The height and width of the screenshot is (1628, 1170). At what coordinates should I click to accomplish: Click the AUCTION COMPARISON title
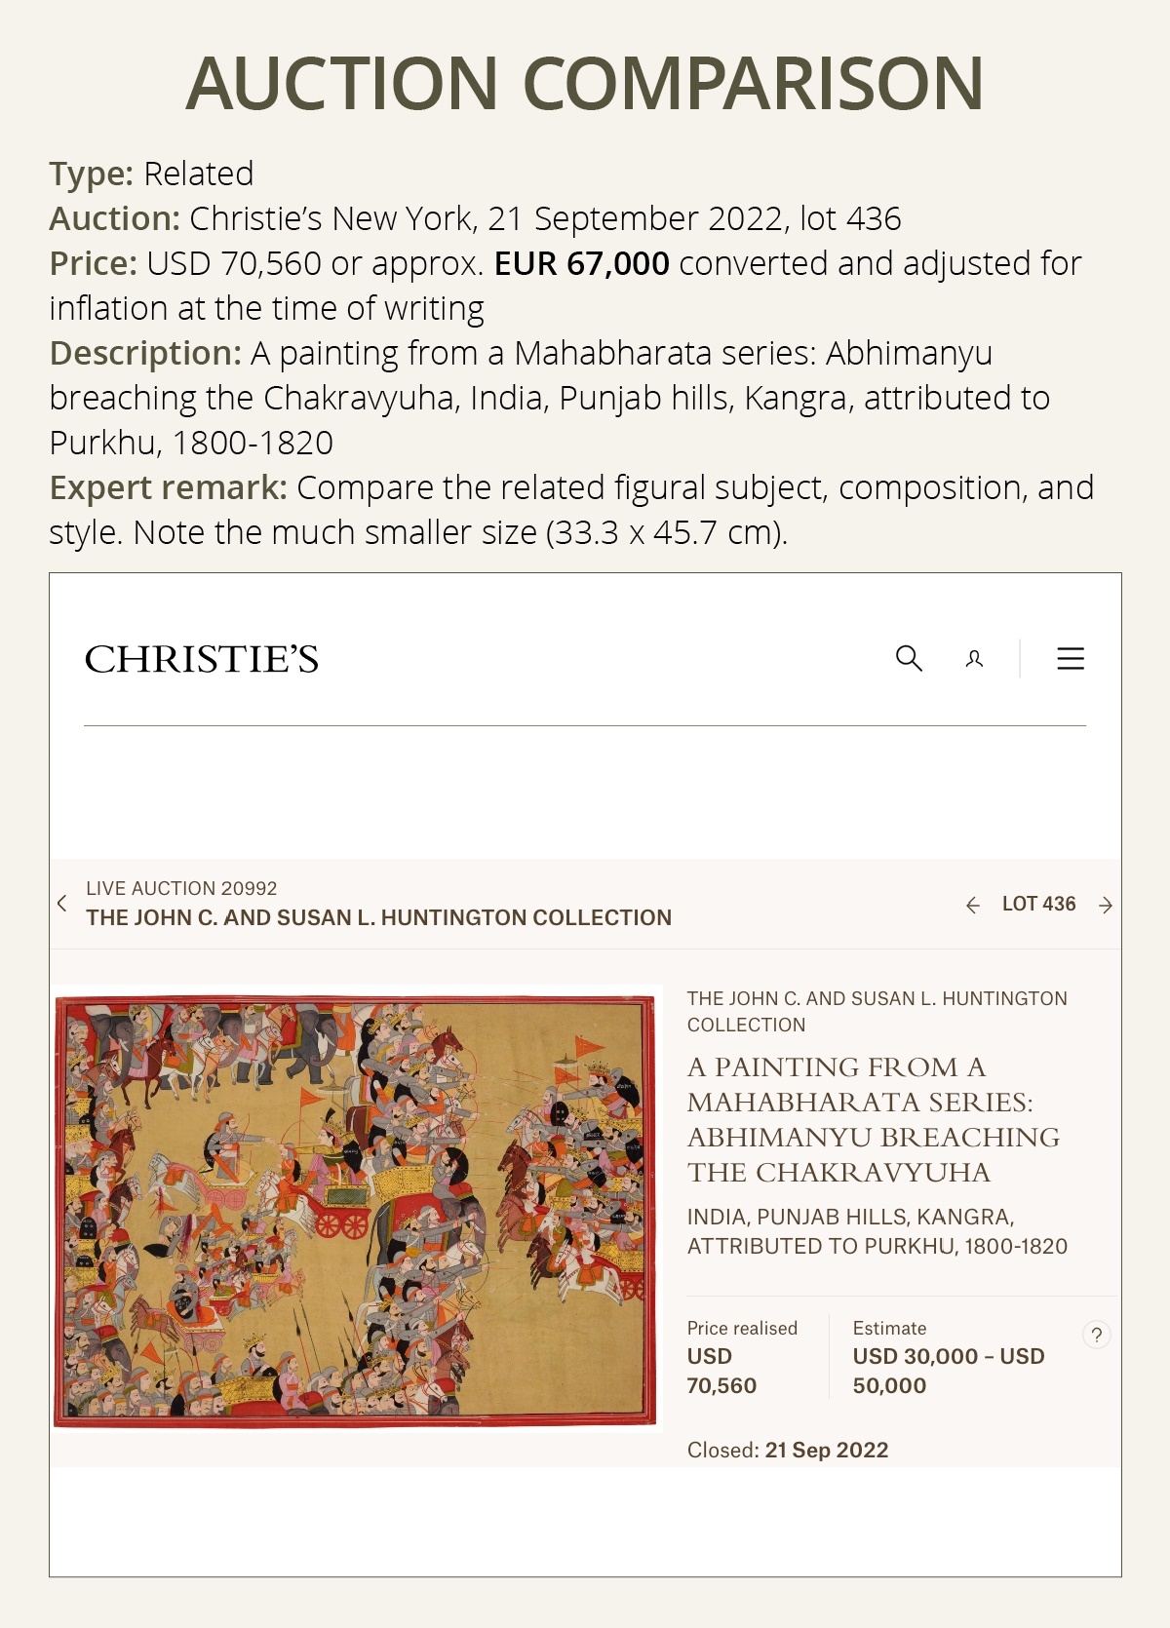[585, 84]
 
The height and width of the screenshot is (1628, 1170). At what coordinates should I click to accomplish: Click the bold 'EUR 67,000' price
[581, 263]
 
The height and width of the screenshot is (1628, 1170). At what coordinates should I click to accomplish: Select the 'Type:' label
[91, 174]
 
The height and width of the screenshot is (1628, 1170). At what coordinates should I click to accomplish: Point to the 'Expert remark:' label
[168, 487]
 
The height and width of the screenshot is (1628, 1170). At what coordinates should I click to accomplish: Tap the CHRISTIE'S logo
[202, 660]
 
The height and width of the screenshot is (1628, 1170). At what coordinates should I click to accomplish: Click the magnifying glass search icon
[909, 658]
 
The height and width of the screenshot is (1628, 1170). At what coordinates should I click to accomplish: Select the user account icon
[974, 659]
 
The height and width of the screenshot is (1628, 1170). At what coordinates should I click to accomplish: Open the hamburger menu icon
[1071, 659]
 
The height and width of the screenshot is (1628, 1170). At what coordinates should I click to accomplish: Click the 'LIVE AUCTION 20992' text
[181, 888]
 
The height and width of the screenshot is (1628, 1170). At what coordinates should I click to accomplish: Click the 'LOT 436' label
[1038, 904]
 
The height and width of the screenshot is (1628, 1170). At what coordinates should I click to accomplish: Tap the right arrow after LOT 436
[1106, 906]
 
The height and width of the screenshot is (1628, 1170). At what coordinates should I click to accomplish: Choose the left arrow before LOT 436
[972, 906]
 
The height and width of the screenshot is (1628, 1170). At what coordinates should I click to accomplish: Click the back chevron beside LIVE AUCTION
[62, 903]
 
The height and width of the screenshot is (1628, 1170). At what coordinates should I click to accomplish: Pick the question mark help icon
[1097, 1335]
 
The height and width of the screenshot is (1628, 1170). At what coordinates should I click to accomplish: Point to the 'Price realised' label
[742, 1328]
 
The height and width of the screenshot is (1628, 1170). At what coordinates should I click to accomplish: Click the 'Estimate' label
[889, 1328]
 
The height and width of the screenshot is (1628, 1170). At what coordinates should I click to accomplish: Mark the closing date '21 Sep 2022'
[826, 1450]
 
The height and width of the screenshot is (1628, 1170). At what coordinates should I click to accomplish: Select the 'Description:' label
[145, 353]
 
